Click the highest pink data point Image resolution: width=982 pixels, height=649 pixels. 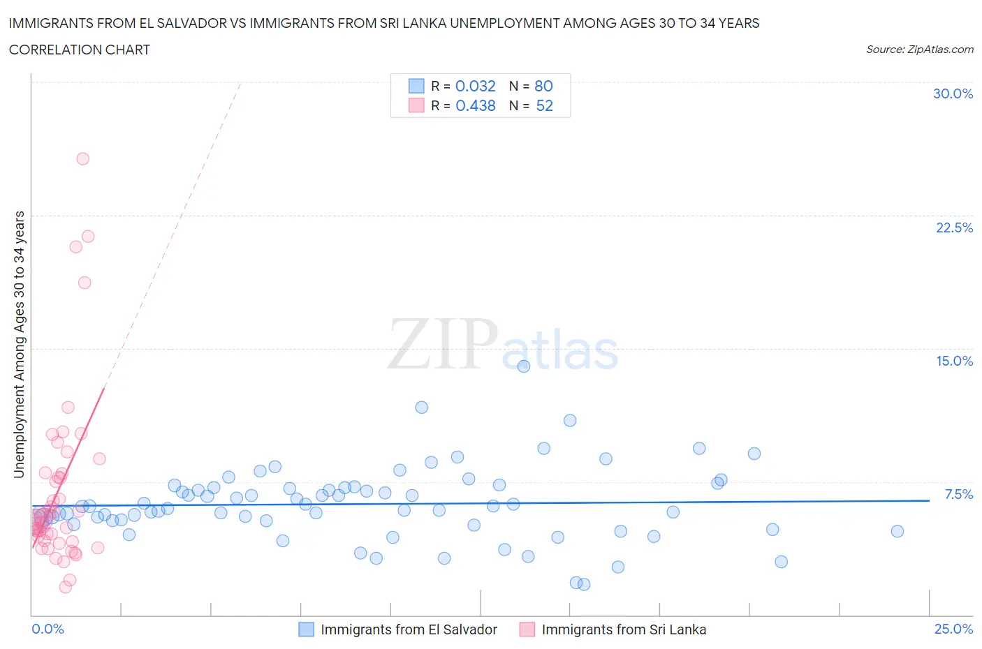click(82, 158)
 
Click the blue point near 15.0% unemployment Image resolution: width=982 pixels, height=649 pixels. click(524, 366)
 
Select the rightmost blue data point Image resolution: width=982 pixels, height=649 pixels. click(897, 531)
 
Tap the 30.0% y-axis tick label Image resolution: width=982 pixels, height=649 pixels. click(953, 94)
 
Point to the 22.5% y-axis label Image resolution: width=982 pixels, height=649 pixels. click(954, 227)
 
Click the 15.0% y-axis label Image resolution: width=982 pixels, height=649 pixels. click(954, 361)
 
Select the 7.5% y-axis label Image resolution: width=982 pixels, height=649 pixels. click(958, 494)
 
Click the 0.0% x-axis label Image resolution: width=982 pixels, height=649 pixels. click(48, 629)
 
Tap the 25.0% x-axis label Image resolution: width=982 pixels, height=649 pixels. click(953, 629)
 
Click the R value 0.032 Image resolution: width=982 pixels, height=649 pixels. click(475, 86)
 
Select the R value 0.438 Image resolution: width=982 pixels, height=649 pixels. click(475, 105)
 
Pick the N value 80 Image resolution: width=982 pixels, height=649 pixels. click(543, 86)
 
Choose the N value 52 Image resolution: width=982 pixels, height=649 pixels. click(544, 105)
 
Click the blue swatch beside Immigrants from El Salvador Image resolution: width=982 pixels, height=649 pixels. click(306, 629)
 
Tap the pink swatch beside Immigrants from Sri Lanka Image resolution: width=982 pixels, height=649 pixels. click(527, 629)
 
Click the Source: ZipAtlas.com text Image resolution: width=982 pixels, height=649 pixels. click(919, 49)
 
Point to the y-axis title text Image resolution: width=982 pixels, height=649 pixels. click(19, 344)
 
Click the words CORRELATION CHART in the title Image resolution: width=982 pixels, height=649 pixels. click(80, 50)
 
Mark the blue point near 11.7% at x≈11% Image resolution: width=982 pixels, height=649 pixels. click(421, 408)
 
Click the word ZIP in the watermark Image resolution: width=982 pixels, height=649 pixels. click(442, 344)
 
